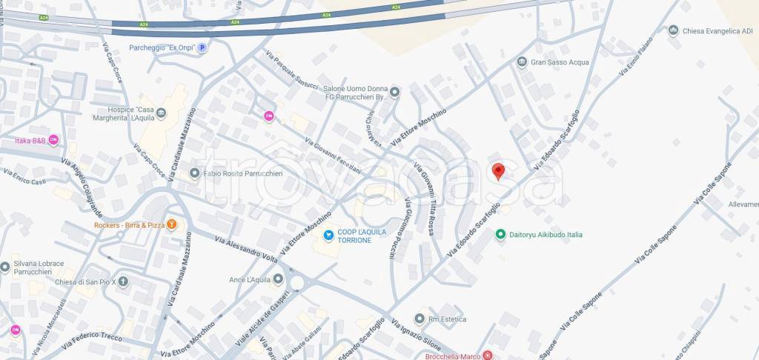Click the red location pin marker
click(498, 171)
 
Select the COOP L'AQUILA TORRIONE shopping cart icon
click(328, 235)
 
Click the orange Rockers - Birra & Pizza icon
click(172, 224)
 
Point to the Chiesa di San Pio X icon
click(123, 281)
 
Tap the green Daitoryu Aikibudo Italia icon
click(502, 235)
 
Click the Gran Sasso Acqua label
click(560, 62)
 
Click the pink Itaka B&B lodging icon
click(53, 140)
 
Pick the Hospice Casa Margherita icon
click(162, 113)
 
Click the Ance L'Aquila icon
click(278, 279)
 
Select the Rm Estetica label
click(446, 319)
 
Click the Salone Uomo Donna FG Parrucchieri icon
click(395, 93)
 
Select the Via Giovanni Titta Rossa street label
click(423, 199)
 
